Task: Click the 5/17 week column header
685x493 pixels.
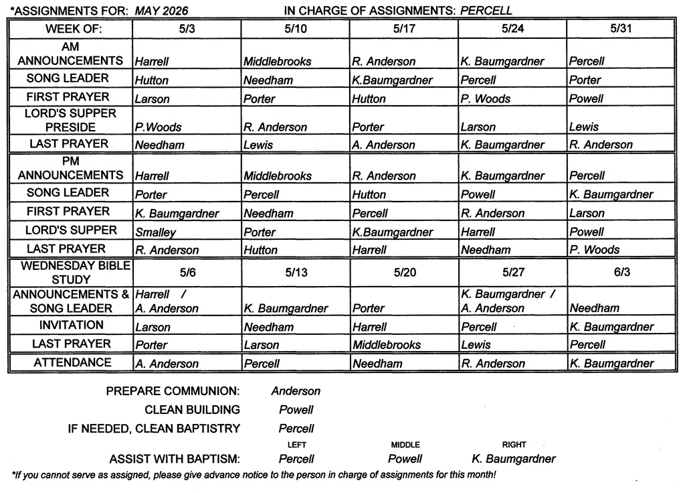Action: click(404, 29)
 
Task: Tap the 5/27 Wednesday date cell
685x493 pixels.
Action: click(513, 273)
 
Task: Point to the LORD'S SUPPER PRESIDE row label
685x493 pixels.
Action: click(70, 120)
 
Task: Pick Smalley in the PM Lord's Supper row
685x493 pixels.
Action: click(156, 232)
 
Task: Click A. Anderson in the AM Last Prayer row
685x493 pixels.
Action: click(383, 145)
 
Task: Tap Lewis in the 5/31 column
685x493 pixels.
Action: click(584, 127)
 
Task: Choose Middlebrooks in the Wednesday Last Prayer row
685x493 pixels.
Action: click(387, 345)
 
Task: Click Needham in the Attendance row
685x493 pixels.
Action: click(377, 364)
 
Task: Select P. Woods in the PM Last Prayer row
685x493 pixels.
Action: click(594, 250)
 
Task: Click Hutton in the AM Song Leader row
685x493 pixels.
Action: click(152, 80)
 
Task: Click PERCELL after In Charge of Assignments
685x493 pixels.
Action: click(486, 10)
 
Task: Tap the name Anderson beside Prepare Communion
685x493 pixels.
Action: click(296, 391)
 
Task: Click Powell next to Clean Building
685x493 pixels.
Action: click(296, 410)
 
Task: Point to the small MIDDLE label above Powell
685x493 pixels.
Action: click(405, 445)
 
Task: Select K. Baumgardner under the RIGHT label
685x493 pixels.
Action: click(514, 459)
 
